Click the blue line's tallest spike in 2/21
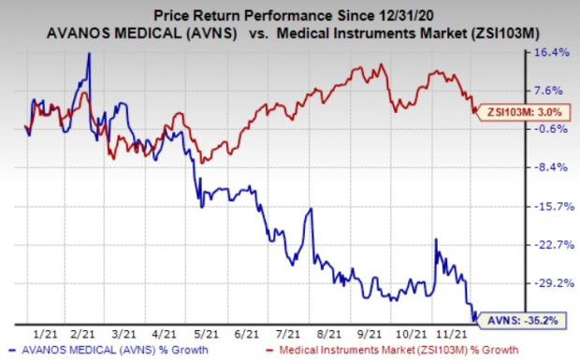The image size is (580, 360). click(89, 53)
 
